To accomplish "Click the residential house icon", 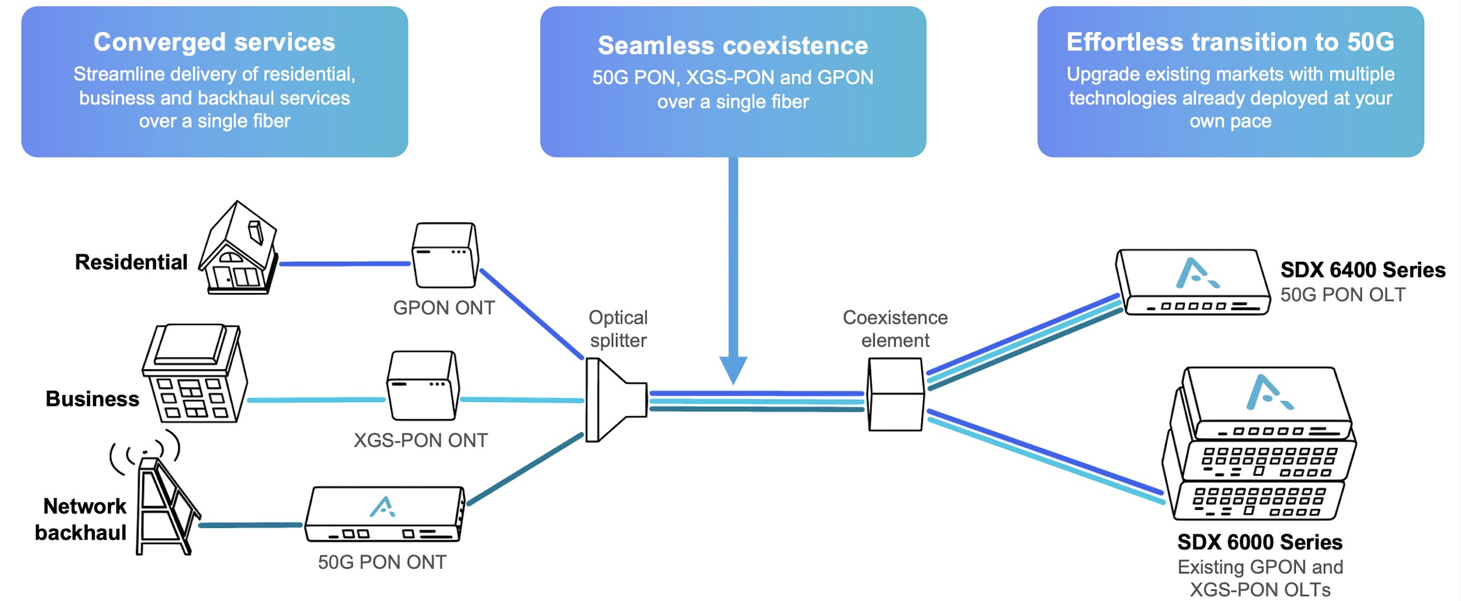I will click(x=239, y=250).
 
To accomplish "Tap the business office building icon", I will click(x=194, y=374).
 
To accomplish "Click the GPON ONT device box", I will click(x=445, y=255).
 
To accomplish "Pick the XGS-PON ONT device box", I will click(x=423, y=386).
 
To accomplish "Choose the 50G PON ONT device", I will click(x=385, y=514).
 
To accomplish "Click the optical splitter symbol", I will click(x=615, y=399).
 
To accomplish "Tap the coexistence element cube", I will click(x=896, y=395).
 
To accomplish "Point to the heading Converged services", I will click(x=214, y=42).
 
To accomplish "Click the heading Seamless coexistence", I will click(x=733, y=46).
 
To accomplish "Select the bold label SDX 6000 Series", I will click(x=1259, y=542).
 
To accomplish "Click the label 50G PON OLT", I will click(x=1342, y=295).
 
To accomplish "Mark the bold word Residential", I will click(x=131, y=262).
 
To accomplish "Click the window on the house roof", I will click(x=255, y=232).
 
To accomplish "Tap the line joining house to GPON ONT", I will click(x=345, y=263).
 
